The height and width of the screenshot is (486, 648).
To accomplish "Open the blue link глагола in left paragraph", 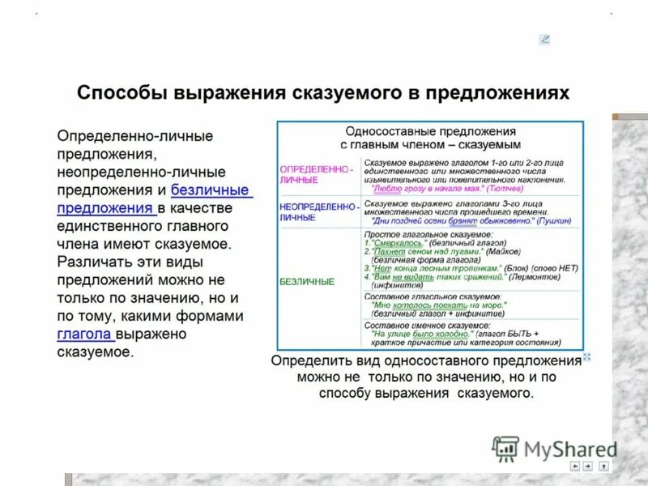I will [x=86, y=334].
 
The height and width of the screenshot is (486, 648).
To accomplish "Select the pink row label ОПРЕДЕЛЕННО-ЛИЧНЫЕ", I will [x=315, y=174].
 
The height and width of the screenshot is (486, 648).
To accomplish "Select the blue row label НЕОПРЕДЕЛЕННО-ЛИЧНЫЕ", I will [x=318, y=211].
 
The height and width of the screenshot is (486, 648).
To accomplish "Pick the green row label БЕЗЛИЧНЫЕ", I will [x=306, y=281].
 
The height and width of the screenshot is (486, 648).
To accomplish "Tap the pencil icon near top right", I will [x=544, y=39].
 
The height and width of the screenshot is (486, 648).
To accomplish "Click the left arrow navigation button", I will [x=575, y=466].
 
